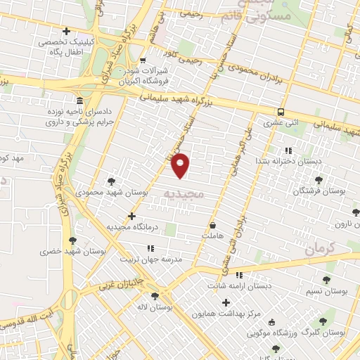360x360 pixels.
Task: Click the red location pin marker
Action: (181, 166)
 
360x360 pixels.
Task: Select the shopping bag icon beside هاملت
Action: (212, 225)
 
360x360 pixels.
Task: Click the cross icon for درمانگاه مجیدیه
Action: (131, 215)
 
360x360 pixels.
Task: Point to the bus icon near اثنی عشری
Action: (281, 112)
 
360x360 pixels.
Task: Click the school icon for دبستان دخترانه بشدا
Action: (288, 150)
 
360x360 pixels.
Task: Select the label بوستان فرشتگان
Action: (316, 191)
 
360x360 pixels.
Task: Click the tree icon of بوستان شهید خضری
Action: (72, 240)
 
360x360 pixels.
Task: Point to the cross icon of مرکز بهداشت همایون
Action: (226, 302)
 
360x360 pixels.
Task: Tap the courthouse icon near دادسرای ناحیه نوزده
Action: (79, 101)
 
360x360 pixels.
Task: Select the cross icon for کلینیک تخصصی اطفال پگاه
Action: (67, 31)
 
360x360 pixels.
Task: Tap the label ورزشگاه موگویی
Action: (303, 332)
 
